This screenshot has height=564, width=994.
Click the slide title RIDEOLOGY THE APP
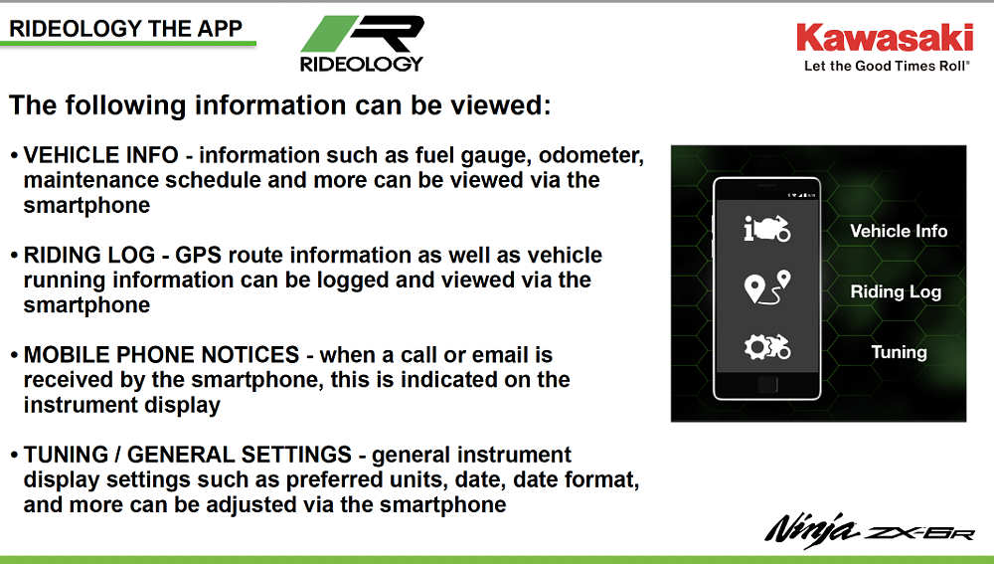(x=126, y=28)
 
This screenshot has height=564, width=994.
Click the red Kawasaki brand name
(x=884, y=38)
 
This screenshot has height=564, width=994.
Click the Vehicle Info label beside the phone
(x=899, y=231)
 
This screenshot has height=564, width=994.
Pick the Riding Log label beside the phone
(x=895, y=292)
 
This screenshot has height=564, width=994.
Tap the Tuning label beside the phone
(x=899, y=352)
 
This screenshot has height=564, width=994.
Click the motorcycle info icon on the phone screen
(x=766, y=228)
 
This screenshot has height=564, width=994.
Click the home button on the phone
(x=766, y=385)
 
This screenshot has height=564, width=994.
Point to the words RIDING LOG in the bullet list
(x=89, y=256)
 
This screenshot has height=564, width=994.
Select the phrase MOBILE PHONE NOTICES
(x=162, y=355)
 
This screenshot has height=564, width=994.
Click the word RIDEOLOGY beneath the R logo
(x=361, y=63)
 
